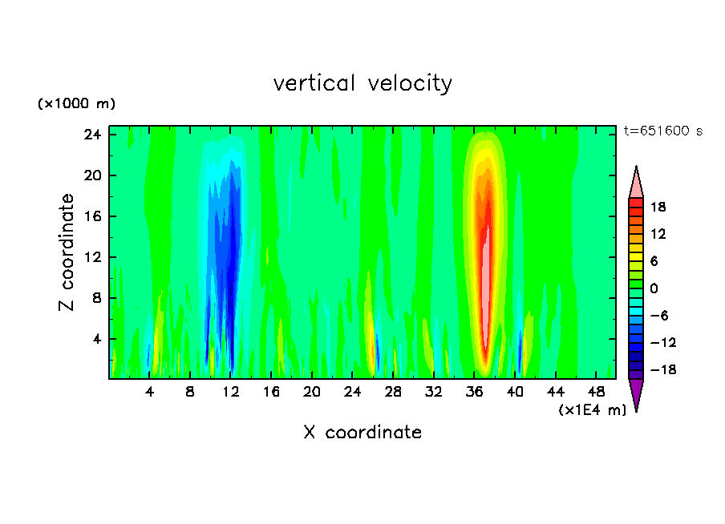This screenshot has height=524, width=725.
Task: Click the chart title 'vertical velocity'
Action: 362,83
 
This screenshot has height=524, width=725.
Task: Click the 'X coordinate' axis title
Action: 362,433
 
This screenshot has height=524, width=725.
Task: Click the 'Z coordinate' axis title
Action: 67,252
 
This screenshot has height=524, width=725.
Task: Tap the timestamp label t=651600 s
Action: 662,131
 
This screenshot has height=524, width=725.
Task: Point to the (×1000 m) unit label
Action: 76,104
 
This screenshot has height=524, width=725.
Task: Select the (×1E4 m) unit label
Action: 592,410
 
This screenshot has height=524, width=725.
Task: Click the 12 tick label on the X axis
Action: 231,392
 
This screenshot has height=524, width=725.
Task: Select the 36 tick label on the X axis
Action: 475,392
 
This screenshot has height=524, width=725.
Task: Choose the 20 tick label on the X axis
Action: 312,392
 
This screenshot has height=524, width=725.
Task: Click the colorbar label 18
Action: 658,207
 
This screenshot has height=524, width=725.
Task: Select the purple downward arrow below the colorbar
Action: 636,393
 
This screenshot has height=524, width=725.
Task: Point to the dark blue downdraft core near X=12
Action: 231,264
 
